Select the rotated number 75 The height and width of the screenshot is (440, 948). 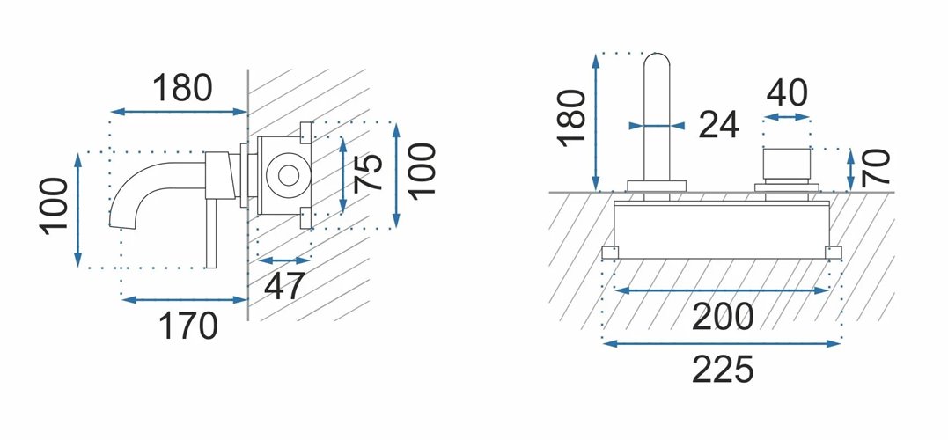tap(368, 172)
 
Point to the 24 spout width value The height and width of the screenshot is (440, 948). tap(719, 125)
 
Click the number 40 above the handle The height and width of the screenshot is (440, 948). tap(787, 93)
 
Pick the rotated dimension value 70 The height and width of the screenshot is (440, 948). tap(876, 167)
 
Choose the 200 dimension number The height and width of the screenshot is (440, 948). tap(723, 317)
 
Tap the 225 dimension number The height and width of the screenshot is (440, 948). tap(723, 370)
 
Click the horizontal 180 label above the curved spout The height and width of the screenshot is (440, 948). tap(182, 88)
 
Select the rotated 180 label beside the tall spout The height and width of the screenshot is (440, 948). tap(572, 118)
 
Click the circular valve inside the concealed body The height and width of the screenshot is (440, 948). tap(289, 175)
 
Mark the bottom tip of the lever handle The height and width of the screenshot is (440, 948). tap(210, 267)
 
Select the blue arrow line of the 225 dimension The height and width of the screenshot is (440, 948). tap(722, 343)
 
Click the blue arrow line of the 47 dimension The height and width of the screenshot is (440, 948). tap(284, 260)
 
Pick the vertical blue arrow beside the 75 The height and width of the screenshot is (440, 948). tap(342, 175)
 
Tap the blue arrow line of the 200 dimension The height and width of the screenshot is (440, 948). tap(721, 290)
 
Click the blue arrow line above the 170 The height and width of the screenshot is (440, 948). tap(184, 299)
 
